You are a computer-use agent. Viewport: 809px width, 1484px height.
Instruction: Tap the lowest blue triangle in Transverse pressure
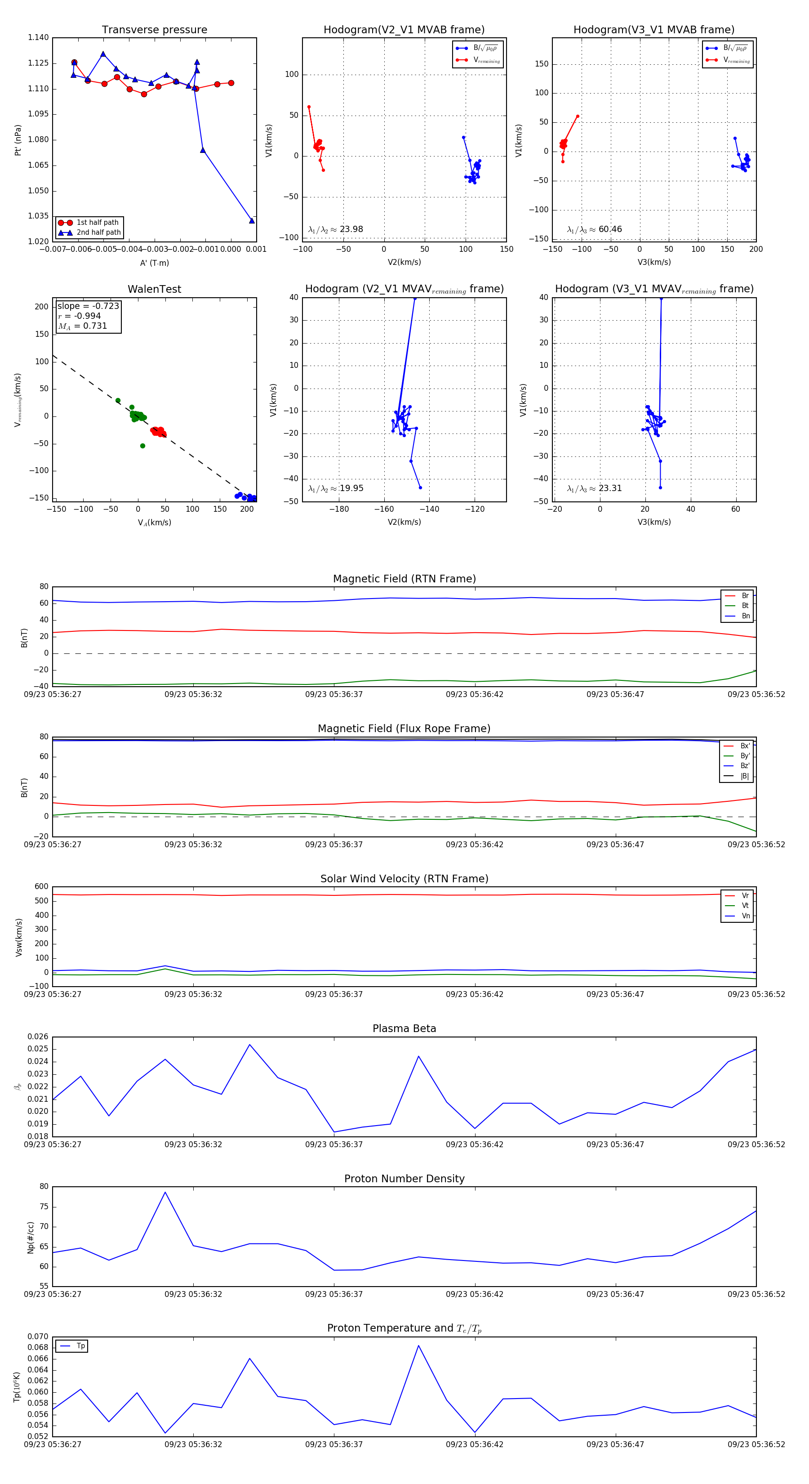point(252,221)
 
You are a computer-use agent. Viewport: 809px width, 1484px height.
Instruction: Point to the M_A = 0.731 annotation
point(82,326)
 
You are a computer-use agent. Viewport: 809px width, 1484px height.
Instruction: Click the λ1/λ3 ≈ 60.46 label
point(594,229)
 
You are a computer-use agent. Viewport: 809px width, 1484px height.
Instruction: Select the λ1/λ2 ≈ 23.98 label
point(336,229)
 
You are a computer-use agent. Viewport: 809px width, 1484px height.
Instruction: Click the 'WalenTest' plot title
point(154,289)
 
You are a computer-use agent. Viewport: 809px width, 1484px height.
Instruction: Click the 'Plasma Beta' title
point(404,1029)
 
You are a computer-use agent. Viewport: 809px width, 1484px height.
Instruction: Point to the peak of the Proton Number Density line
point(165,1193)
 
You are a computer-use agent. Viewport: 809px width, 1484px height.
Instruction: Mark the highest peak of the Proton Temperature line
point(418,1346)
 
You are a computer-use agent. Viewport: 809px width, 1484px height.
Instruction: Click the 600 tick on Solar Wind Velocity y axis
point(41,887)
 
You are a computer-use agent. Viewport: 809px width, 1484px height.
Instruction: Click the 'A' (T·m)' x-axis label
point(154,263)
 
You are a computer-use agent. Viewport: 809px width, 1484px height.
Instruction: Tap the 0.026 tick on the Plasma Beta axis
point(39,1037)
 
